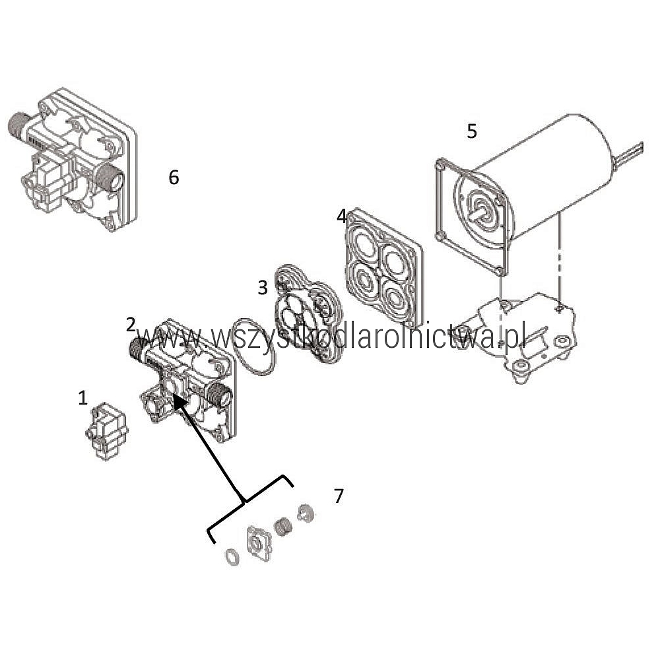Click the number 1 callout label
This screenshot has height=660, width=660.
coord(83,398)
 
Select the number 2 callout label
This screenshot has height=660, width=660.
coord(131,325)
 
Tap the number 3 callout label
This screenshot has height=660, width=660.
coord(263,288)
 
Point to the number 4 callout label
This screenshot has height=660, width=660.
coord(341,216)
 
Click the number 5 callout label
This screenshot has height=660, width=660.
coord(472,131)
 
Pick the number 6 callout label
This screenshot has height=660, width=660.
coord(174,178)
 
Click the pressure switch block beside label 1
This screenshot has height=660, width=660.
coord(106,431)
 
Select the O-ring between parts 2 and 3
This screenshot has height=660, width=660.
coord(254,346)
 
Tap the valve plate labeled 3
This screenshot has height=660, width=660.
coord(308,314)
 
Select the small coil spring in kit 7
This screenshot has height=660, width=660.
coord(283,527)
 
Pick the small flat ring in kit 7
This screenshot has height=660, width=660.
coord(233,557)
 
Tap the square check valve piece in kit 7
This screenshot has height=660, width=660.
coord(259,543)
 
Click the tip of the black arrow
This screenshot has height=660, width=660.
coord(174,395)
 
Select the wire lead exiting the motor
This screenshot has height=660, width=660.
coord(628,153)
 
